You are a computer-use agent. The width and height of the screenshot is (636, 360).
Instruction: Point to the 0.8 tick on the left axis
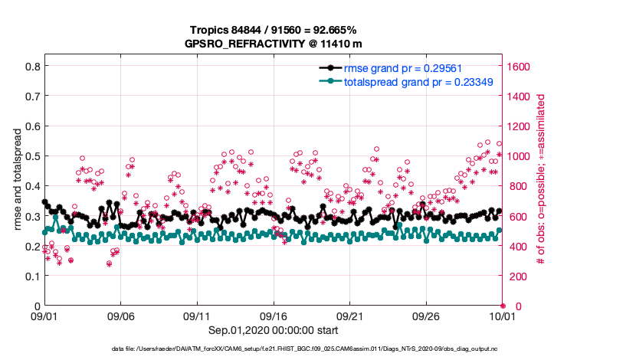pos(32,67)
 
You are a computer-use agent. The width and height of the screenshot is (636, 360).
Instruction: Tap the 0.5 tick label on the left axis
pos(32,156)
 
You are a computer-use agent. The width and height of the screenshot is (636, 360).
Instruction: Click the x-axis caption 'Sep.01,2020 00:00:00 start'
pos(273,330)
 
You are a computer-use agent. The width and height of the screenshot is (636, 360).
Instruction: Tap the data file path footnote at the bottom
pos(318,349)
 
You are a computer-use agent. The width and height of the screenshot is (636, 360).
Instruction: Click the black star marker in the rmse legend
pos(330,67)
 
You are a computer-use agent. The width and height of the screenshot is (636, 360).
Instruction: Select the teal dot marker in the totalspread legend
pos(330,81)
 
